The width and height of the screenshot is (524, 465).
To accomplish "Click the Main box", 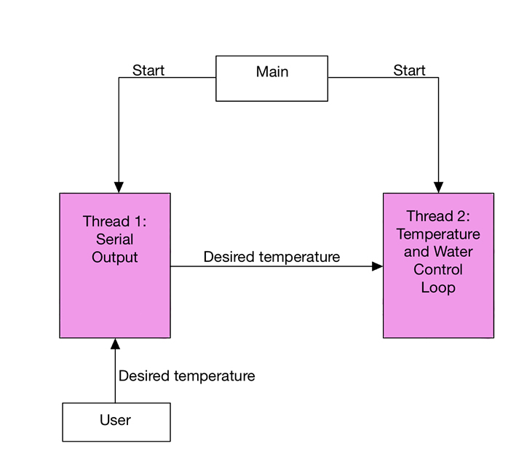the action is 271,79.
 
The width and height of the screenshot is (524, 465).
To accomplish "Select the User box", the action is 116,422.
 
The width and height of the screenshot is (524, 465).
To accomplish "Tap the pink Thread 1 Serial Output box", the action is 115,266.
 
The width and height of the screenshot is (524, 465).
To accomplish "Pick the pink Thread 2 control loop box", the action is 438,266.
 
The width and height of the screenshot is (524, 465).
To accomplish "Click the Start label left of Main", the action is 148,71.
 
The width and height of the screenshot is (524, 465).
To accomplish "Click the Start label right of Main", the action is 409,71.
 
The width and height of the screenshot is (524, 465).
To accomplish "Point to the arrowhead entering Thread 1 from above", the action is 119,188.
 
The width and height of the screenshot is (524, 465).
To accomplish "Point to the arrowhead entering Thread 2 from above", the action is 438,188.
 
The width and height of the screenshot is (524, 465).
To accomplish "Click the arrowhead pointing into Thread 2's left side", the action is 378,266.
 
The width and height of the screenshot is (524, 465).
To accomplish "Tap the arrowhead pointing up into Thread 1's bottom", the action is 115,343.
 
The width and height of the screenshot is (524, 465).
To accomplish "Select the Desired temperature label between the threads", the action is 271,257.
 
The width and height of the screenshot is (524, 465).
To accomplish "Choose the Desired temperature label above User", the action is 187,375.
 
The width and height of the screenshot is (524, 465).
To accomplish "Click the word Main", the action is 272,72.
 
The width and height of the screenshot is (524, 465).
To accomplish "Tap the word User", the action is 115,420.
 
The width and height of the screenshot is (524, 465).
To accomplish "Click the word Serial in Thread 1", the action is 115,239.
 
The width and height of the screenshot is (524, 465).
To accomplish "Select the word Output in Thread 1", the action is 115,258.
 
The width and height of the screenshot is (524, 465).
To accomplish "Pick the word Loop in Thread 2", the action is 438,287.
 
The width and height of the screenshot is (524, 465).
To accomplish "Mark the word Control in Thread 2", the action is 438,269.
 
